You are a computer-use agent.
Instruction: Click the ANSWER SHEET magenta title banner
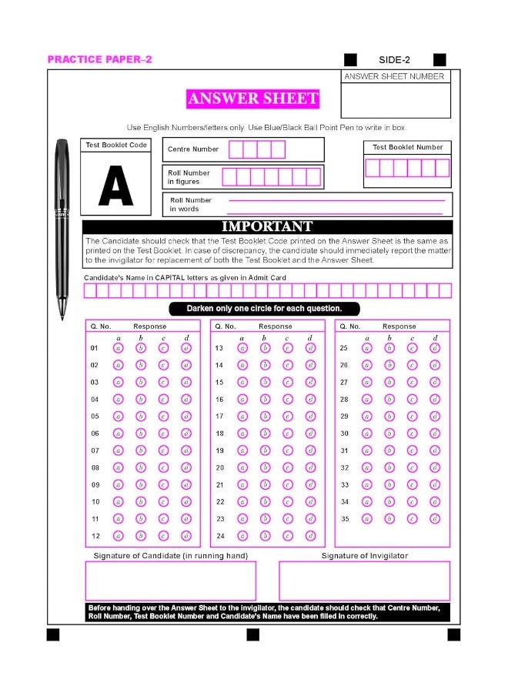tap(252, 99)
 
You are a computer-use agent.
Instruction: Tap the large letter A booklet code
tap(115, 186)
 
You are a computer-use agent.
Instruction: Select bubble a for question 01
tap(119, 348)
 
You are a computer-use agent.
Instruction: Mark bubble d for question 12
tap(186, 536)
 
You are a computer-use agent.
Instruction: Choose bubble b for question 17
tap(265, 417)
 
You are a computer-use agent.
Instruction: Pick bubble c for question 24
tap(288, 536)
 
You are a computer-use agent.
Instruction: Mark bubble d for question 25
tap(435, 348)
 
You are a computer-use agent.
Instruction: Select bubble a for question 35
tap(367, 519)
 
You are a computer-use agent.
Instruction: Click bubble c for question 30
tap(412, 434)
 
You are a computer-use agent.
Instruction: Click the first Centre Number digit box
tap(236, 149)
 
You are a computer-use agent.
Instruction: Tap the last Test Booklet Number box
tap(442, 168)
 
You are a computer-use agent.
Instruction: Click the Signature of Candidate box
tap(170, 581)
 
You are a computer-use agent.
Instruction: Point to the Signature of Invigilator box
tap(364, 581)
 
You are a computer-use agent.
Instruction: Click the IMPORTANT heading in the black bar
tap(267, 226)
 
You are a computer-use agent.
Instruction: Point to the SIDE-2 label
tap(395, 60)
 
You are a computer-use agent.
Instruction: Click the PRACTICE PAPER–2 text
tap(100, 59)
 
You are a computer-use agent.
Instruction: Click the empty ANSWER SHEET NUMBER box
tap(396, 100)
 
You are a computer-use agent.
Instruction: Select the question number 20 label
tap(219, 467)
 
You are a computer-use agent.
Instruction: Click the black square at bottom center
tap(253, 634)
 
